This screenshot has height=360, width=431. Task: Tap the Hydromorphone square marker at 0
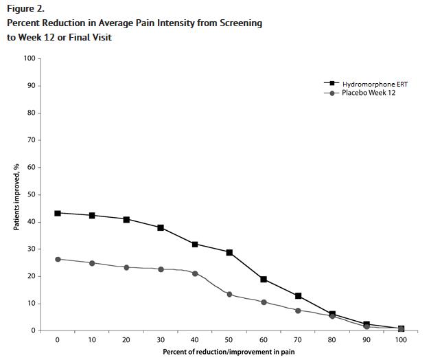[58, 213]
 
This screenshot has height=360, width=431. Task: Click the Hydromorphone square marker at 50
[229, 253]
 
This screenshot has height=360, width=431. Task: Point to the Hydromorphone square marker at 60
[264, 280]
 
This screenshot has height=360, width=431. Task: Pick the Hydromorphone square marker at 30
[161, 227]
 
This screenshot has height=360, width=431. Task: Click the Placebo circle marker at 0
[58, 259]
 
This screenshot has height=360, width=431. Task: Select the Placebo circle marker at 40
[195, 273]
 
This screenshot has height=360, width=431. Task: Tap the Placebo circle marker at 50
[229, 294]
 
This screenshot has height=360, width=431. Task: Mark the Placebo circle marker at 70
[298, 311]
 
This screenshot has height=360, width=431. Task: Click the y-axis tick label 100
[30, 58]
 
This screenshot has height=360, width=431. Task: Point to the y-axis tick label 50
[31, 194]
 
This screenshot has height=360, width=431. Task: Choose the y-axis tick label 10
[31, 304]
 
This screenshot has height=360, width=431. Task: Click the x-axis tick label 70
[298, 340]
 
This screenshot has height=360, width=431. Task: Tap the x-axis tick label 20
[126, 340]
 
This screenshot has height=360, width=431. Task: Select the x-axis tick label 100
[401, 340]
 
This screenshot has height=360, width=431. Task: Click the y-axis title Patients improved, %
[16, 196]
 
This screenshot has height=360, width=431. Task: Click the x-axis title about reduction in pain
[229, 352]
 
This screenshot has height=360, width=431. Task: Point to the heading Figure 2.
[25, 8]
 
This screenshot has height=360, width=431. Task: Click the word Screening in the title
[235, 23]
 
